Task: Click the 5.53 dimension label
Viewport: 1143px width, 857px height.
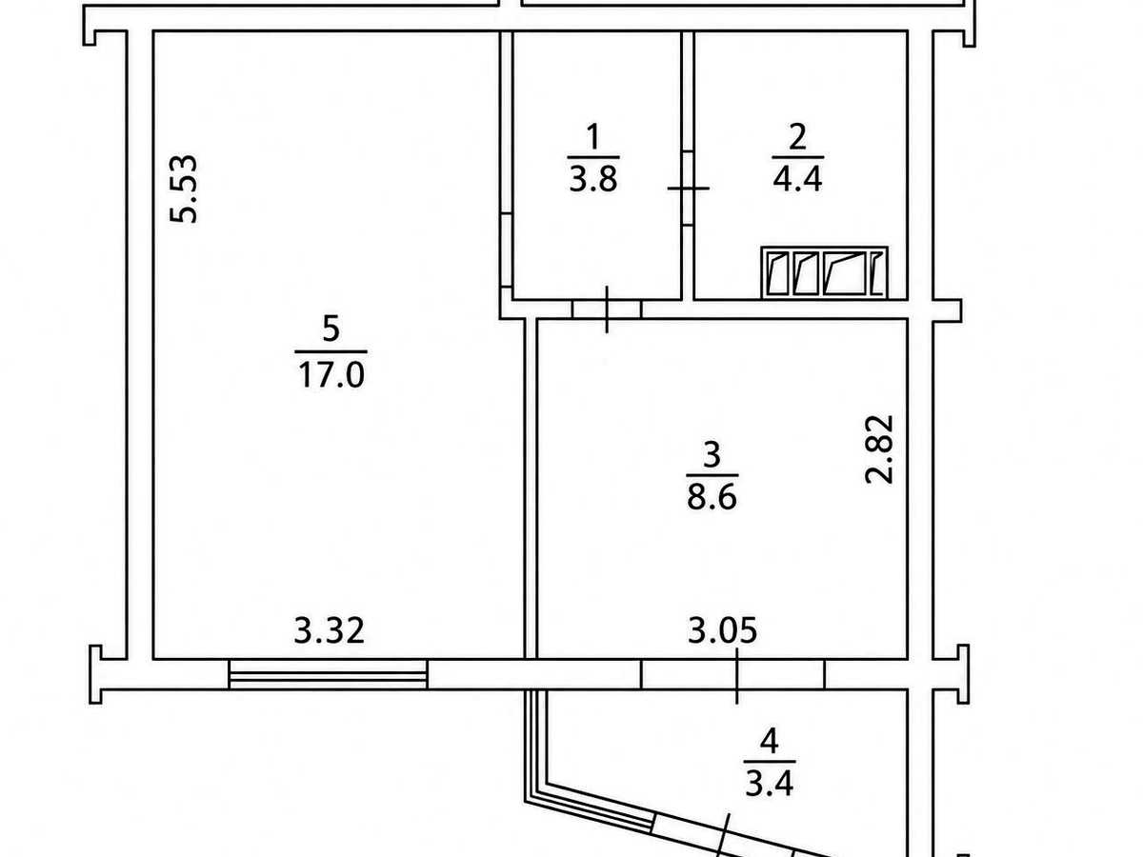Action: (184, 189)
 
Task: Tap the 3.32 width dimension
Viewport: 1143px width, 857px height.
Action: (330, 630)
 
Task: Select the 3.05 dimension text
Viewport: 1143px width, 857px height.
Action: (722, 630)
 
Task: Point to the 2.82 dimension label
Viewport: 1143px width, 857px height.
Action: (879, 449)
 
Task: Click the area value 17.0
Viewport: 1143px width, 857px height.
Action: (331, 375)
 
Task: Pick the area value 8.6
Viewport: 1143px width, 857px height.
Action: (712, 497)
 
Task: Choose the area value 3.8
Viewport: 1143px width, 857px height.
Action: (593, 180)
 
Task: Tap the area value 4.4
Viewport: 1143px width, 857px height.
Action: (797, 180)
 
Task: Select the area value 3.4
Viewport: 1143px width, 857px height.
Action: (769, 784)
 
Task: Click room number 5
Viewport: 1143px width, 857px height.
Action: (331, 329)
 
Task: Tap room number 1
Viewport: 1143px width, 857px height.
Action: (592, 136)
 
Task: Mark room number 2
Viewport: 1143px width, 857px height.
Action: (798, 136)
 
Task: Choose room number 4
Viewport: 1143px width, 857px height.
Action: (769, 741)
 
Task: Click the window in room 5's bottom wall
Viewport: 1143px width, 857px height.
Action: (328, 674)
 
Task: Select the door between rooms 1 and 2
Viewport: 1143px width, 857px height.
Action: (688, 188)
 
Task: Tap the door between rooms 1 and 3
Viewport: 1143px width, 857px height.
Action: (607, 309)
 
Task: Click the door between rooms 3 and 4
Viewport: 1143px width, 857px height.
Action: (732, 674)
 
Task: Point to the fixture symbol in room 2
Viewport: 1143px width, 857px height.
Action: (824, 272)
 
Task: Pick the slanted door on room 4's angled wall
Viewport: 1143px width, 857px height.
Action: (724, 837)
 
